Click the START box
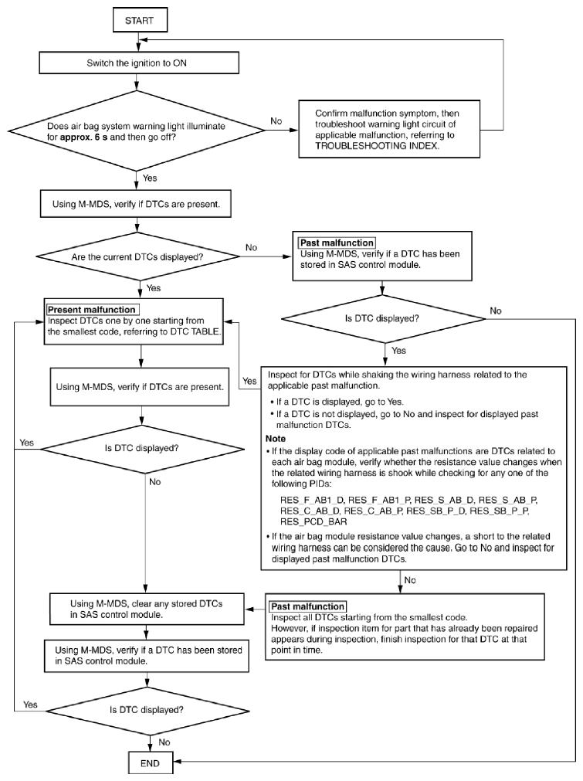pyautogui.click(x=139, y=20)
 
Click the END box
pyautogui.click(x=150, y=762)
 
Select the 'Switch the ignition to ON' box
pyautogui.click(x=139, y=63)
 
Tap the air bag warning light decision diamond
pyautogui.click(x=137, y=131)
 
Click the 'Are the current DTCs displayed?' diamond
pyautogui.click(x=137, y=257)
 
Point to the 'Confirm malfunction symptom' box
pyautogui.click(x=389, y=129)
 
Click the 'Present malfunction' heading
pyautogui.click(x=92, y=309)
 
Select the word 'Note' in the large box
pyautogui.click(x=276, y=438)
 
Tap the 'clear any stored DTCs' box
pyautogui.click(x=147, y=609)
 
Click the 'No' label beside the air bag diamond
pyautogui.click(x=276, y=121)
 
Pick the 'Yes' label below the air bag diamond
pyautogui.click(x=150, y=178)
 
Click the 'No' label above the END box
pyautogui.click(x=164, y=742)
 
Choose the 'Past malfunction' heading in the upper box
pyautogui.click(x=337, y=243)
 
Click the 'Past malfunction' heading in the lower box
pyautogui.click(x=307, y=606)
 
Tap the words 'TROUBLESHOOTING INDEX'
pyautogui.click(x=377, y=146)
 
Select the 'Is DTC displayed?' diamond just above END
pyautogui.click(x=147, y=710)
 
